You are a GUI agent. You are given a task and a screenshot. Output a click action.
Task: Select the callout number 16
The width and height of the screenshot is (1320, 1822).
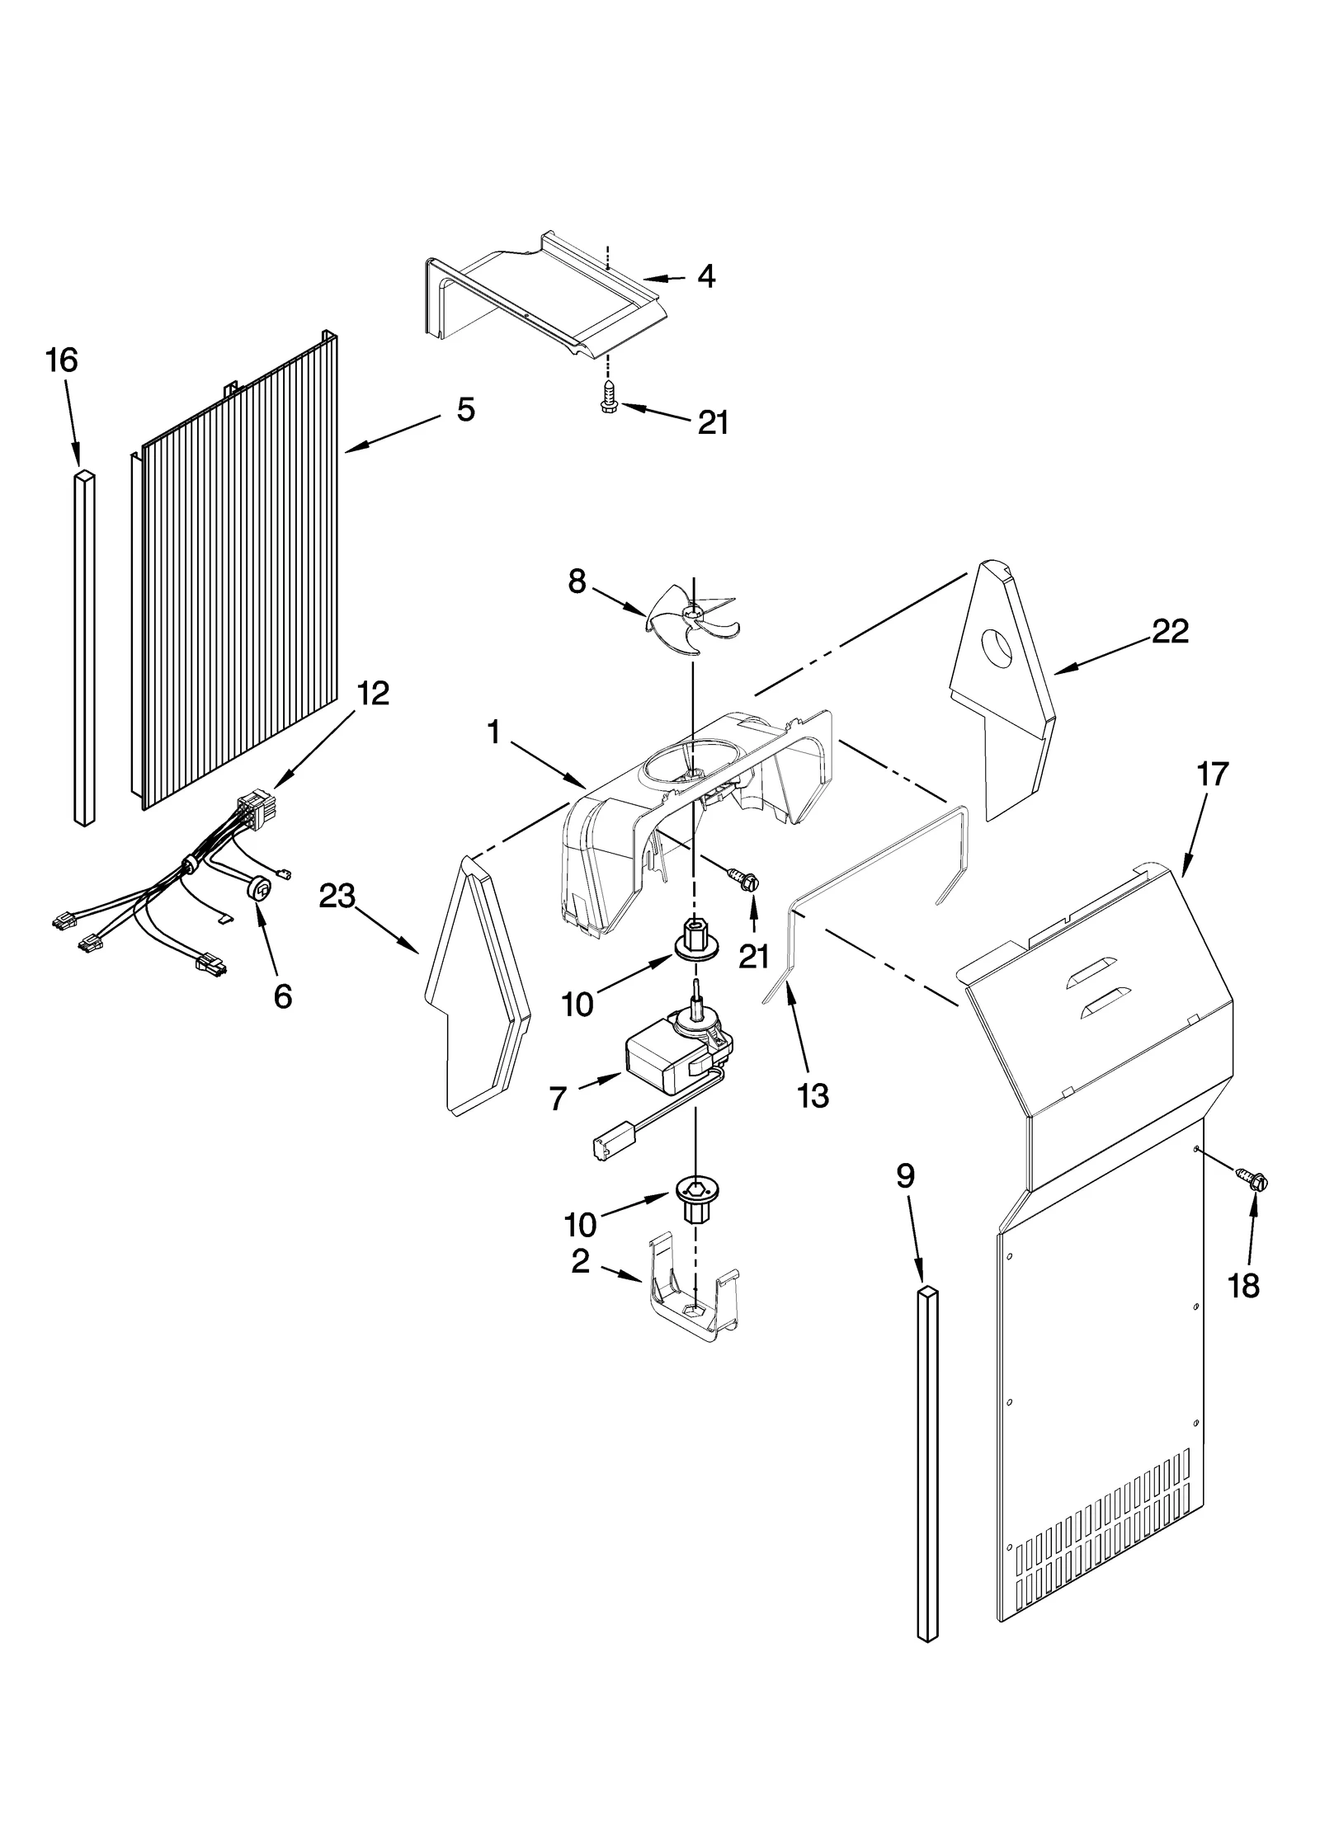(62, 360)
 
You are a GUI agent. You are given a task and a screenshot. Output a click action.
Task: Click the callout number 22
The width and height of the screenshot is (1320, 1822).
(1170, 631)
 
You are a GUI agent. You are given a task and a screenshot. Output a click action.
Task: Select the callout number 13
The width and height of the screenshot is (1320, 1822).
(813, 1096)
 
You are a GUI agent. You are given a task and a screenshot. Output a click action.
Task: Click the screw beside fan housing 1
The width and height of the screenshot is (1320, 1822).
(744, 879)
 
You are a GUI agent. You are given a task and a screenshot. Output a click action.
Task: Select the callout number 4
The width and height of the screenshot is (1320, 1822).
(706, 276)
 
